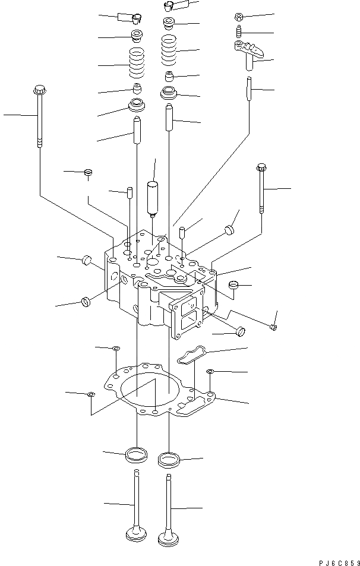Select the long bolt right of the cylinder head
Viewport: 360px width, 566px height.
coord(261,189)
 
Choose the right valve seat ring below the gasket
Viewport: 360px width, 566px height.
coord(169,459)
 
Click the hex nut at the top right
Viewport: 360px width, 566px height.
coord(238,16)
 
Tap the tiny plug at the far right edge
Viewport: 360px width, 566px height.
coord(273,325)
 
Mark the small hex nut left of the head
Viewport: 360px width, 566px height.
coord(88,173)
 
